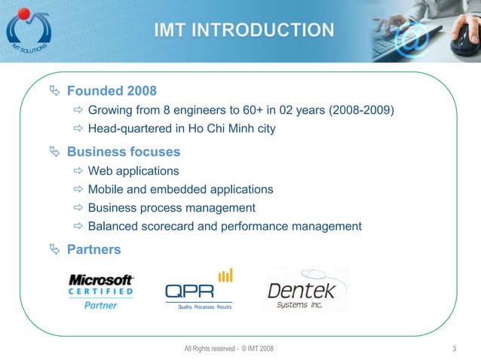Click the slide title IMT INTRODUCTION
(x=244, y=30)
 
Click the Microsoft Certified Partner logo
(x=101, y=291)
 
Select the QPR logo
(x=198, y=290)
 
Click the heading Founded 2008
(x=112, y=91)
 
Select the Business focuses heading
(x=123, y=151)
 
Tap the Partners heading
(x=93, y=249)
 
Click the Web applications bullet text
(x=133, y=171)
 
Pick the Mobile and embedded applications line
(x=180, y=189)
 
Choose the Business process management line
(x=171, y=208)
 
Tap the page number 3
(x=455, y=348)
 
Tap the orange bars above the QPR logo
(x=225, y=275)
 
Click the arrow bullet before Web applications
(x=79, y=171)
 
